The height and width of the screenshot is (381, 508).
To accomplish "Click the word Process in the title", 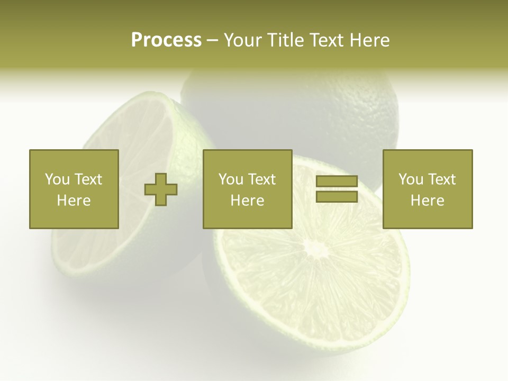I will point(166,40).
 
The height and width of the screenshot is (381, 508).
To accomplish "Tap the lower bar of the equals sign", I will point(337,197).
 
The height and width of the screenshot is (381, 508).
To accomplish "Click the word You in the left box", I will point(57,179).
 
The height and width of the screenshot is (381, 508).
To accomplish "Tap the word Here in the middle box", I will point(247,201).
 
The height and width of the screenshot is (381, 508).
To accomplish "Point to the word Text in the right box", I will point(441,179).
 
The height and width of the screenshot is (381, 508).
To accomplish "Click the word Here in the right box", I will point(428,201).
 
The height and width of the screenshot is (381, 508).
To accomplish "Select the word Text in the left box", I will point(88,179).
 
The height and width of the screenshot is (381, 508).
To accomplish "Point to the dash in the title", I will point(213,40).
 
